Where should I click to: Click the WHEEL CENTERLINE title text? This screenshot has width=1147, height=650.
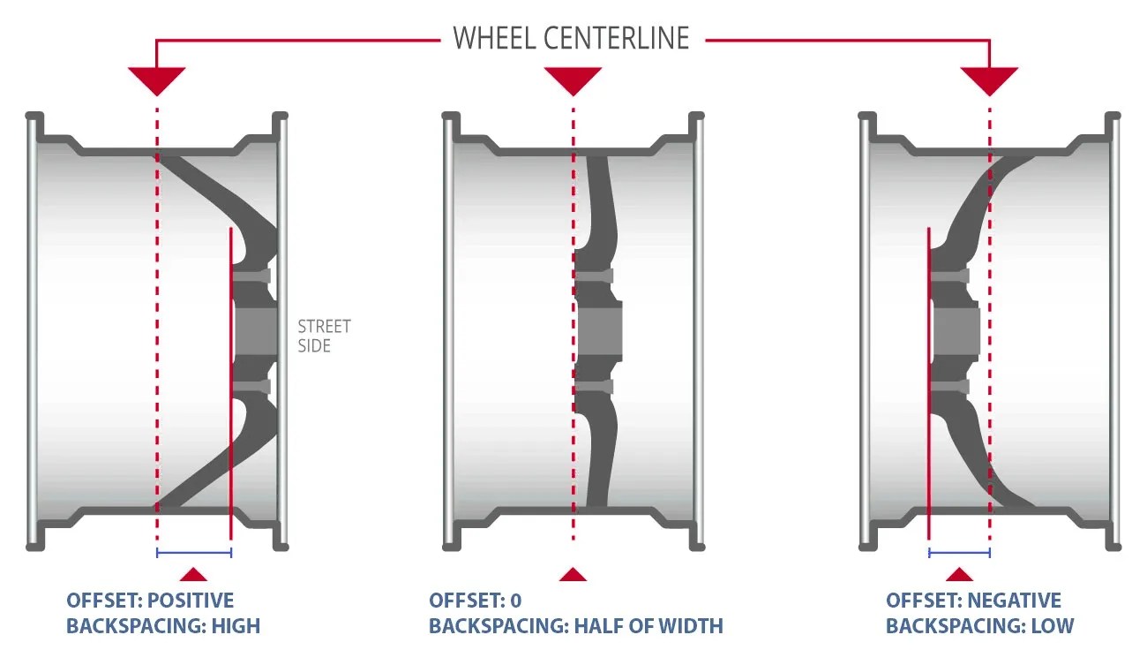tap(571, 39)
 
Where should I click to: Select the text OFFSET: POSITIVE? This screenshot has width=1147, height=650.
tap(150, 601)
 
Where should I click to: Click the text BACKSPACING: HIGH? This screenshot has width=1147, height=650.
tap(163, 626)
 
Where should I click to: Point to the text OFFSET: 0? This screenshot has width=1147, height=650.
tap(475, 601)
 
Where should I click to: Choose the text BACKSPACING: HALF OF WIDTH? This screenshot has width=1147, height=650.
tap(575, 626)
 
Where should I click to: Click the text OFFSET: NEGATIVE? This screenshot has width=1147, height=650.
tap(973, 601)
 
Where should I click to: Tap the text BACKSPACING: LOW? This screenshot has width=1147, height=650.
tap(979, 626)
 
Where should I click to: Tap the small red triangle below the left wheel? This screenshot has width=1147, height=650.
tap(193, 574)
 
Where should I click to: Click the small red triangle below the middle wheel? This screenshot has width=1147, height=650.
tap(573, 574)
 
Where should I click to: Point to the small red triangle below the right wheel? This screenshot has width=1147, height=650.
tap(959, 574)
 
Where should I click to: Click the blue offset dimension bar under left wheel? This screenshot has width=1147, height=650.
tap(193, 554)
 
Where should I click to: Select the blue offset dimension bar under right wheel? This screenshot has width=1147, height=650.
tap(959, 554)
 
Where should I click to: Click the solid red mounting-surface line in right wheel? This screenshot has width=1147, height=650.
tap(929, 380)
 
